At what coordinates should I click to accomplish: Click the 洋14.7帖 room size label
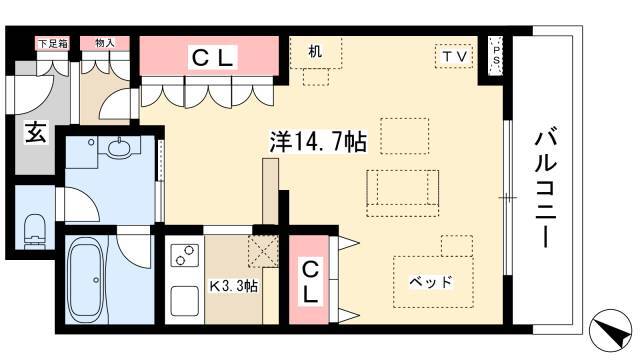coord(318,141)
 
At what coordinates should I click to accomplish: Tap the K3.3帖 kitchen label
coord(233,286)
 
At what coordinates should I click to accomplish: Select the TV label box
coord(454,56)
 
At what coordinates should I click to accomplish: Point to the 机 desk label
coord(315,51)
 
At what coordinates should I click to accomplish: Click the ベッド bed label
coord(431,282)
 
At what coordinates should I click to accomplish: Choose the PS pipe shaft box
coord(496,56)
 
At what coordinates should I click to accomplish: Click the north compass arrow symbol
coord(611,330)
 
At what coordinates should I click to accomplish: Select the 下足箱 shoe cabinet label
coord(53,43)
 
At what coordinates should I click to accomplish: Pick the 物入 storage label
coord(105,43)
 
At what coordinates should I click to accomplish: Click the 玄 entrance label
coord(36,132)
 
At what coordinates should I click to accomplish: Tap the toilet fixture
coord(35,231)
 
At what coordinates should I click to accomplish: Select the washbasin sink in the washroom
coord(120,146)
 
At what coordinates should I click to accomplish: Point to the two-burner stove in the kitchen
coord(184,255)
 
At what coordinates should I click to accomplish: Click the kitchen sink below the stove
coord(184,301)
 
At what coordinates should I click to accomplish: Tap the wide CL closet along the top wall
coord(209,56)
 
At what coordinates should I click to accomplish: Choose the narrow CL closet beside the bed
coord(309,280)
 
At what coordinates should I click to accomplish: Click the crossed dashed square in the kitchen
coord(263,252)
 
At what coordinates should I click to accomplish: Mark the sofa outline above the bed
coord(402,193)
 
